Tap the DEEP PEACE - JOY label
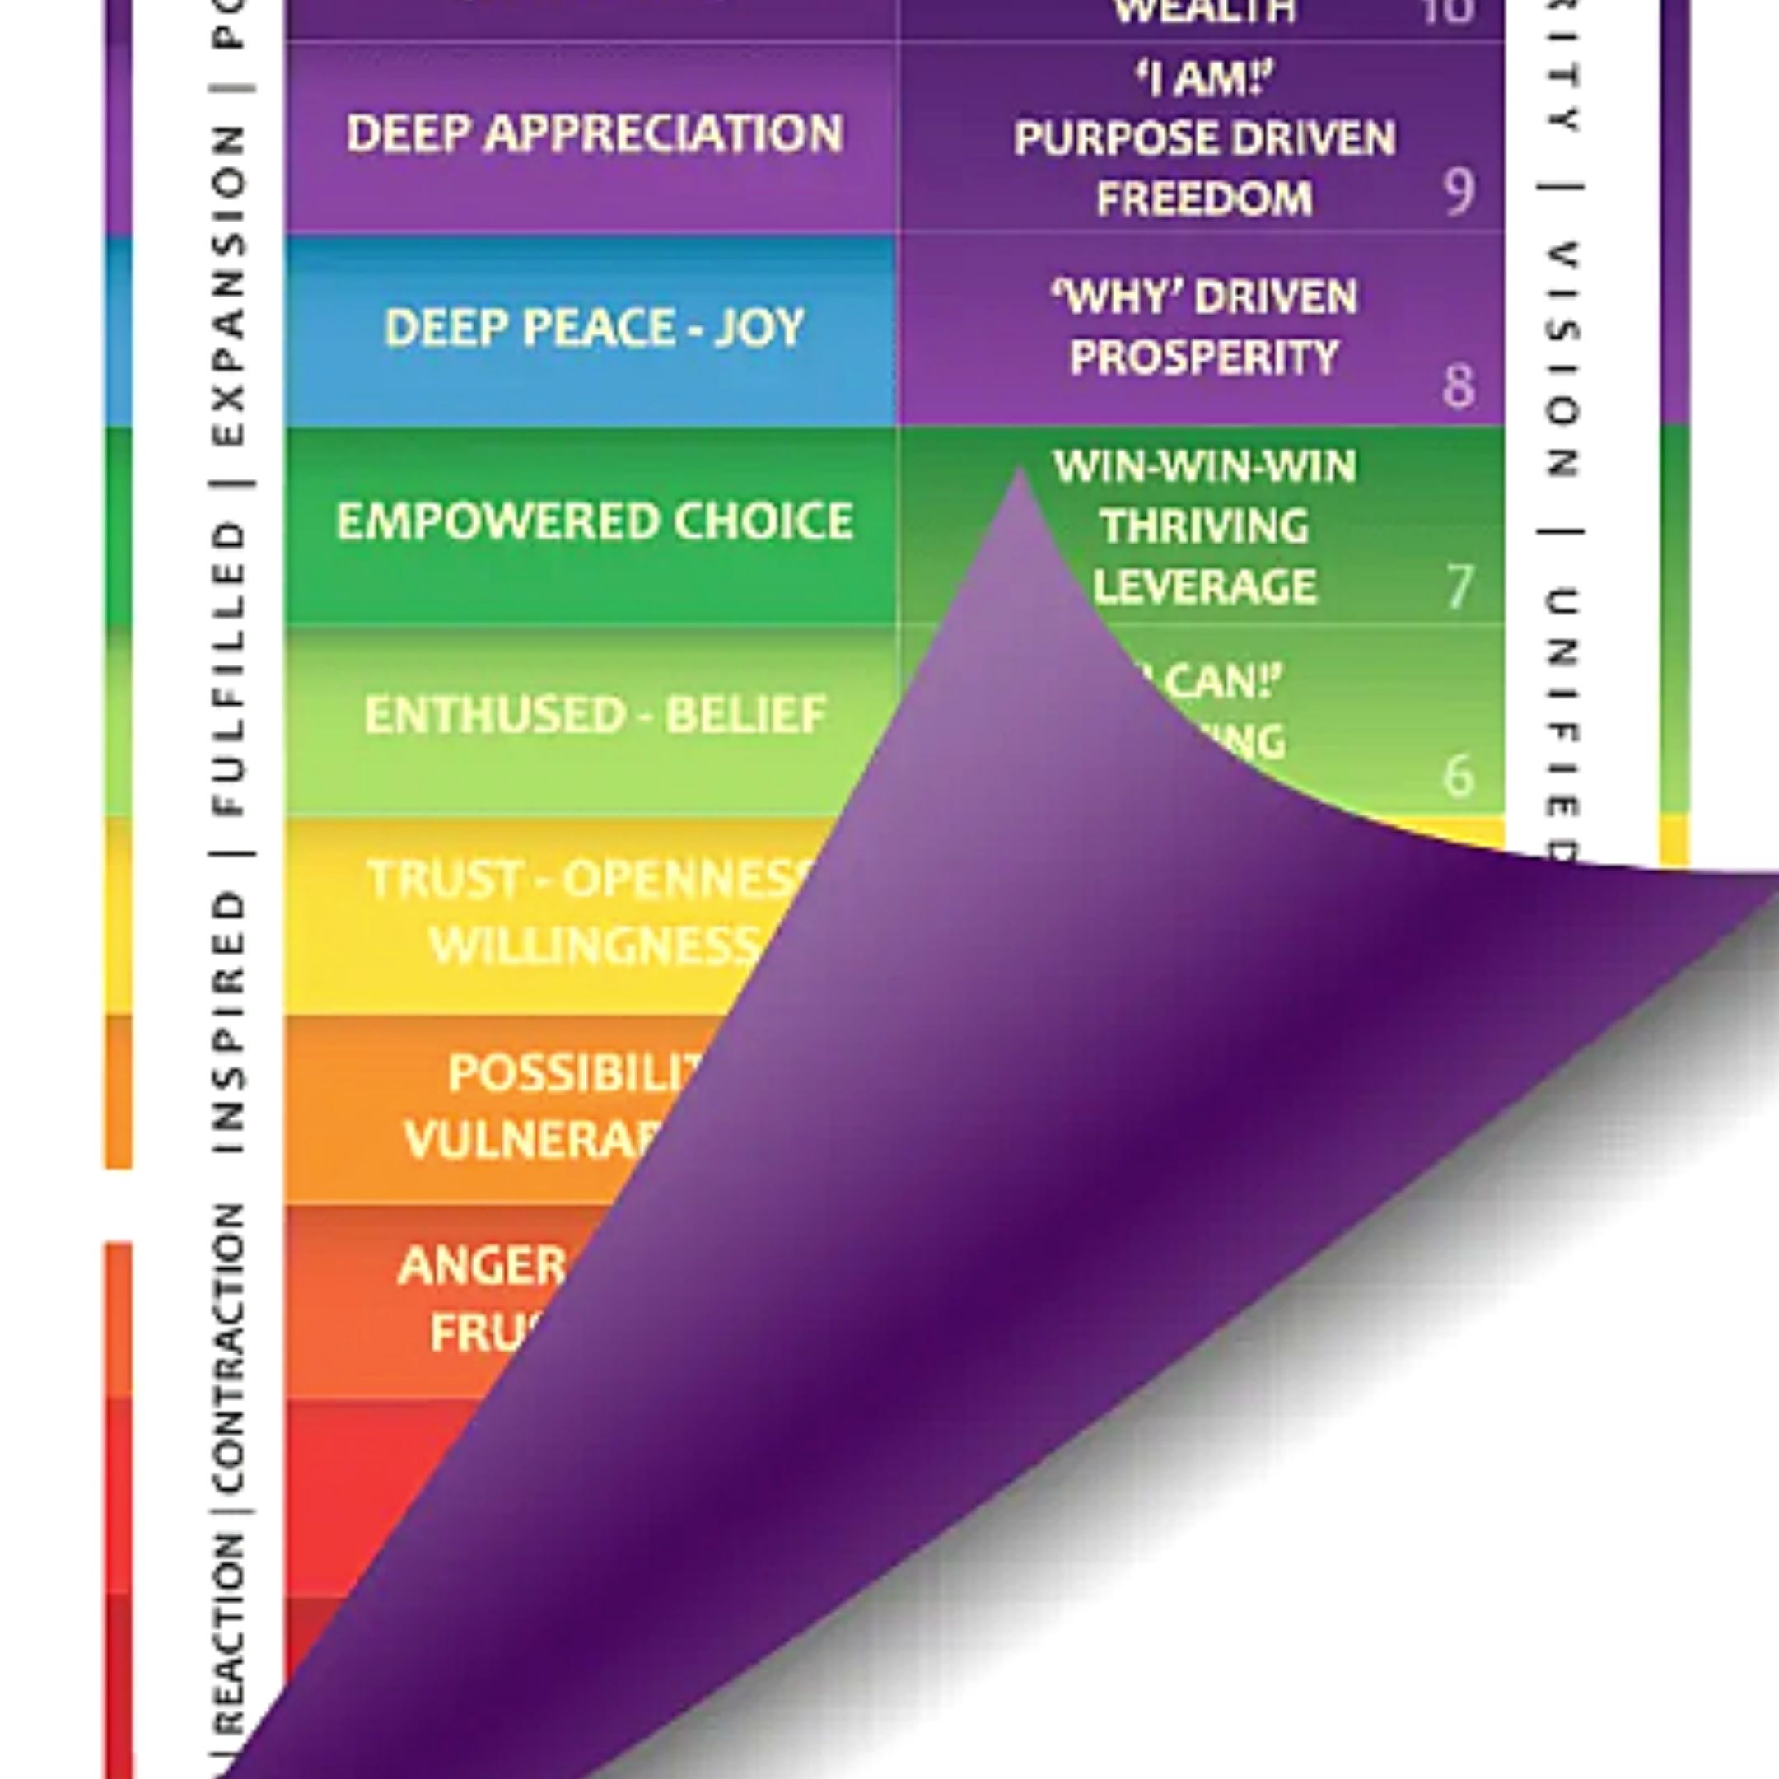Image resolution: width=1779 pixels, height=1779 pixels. (x=594, y=328)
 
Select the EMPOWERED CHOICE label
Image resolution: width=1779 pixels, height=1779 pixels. (x=594, y=522)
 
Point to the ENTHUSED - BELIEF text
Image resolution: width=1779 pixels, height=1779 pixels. (x=594, y=716)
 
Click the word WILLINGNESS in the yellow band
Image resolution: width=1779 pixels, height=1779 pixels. (x=594, y=945)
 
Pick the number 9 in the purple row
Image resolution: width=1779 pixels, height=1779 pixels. (x=1458, y=192)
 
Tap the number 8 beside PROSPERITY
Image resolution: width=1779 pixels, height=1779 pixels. (x=1458, y=387)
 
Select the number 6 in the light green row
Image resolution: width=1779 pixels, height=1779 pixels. (x=1458, y=776)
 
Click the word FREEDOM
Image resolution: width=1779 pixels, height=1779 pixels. (x=1204, y=198)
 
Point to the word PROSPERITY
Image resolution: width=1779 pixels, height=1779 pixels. (x=1204, y=357)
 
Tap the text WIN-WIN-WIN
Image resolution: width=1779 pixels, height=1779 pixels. (x=1204, y=467)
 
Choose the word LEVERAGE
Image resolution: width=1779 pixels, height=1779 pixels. (x=1204, y=587)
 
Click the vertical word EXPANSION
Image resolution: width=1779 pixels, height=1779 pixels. (x=228, y=286)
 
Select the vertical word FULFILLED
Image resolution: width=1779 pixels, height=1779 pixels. (x=228, y=670)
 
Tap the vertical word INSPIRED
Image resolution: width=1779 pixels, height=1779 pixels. (x=228, y=1022)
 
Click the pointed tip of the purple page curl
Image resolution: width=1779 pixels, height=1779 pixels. (x=1020, y=470)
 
